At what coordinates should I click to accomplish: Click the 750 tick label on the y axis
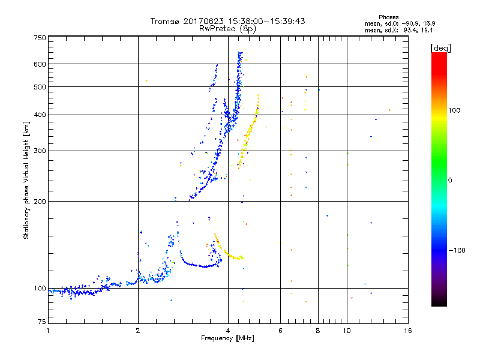point(40,38)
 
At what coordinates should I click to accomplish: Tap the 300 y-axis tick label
point(40,151)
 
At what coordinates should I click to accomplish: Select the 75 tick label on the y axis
point(41,324)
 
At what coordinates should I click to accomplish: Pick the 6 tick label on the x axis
point(280,331)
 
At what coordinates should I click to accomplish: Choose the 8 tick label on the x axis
point(318,331)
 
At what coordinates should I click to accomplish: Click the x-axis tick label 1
point(48,331)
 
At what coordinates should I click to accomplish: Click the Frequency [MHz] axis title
point(227,338)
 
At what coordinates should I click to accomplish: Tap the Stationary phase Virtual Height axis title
point(26,181)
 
